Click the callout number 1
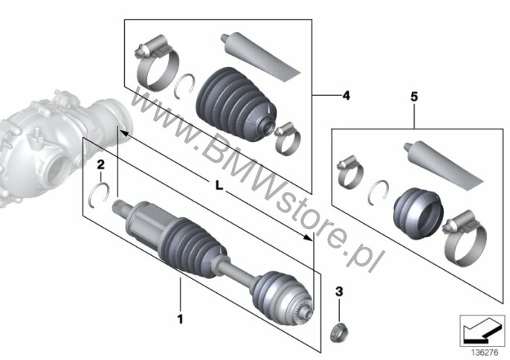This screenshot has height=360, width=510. pos(180,319)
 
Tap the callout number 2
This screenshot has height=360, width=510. pos(101,164)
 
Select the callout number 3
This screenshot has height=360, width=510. pos(339,292)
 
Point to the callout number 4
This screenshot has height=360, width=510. pos(346,96)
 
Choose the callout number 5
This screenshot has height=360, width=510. pos(414,97)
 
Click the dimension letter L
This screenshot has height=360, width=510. pos(219,186)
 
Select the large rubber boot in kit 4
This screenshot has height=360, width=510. pos(236,104)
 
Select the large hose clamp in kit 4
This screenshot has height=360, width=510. pos(156,63)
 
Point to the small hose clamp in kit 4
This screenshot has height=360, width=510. pos(288,139)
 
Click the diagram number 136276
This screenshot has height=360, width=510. pos(484,353)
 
